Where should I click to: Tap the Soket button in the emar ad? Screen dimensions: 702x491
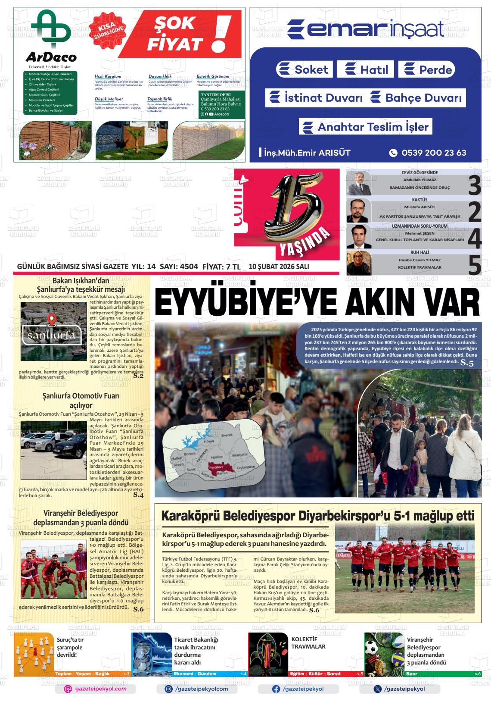(x=304, y=69)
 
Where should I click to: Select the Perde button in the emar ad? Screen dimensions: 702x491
(x=427, y=70)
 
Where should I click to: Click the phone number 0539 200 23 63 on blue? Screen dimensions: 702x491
(x=433, y=153)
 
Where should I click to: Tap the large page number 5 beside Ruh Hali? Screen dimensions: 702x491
(x=474, y=265)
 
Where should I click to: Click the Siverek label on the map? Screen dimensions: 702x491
(x=226, y=436)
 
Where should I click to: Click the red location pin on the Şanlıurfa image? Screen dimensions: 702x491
(x=52, y=320)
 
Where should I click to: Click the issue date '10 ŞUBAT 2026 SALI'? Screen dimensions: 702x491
(x=279, y=267)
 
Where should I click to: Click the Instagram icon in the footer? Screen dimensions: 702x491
(x=169, y=689)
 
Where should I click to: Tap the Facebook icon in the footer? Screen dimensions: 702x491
(x=276, y=689)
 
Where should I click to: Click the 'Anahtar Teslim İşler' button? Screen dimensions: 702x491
(x=366, y=127)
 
